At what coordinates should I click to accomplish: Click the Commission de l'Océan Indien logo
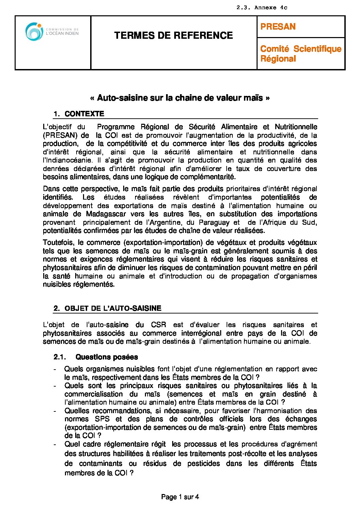click(52, 32)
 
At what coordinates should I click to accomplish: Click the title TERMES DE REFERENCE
click(174, 35)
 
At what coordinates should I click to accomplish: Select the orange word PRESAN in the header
click(278, 27)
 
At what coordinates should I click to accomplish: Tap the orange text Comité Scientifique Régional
click(301, 54)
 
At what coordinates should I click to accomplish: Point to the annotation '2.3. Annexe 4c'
click(262, 7)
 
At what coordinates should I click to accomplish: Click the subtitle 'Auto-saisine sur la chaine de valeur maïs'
click(180, 98)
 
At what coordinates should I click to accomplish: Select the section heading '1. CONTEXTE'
click(79, 114)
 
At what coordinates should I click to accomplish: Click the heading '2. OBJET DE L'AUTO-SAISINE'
click(108, 308)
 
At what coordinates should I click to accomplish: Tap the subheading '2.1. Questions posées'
click(96, 357)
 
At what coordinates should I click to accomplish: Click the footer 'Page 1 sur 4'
click(180, 497)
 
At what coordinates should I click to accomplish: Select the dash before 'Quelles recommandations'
click(55, 411)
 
